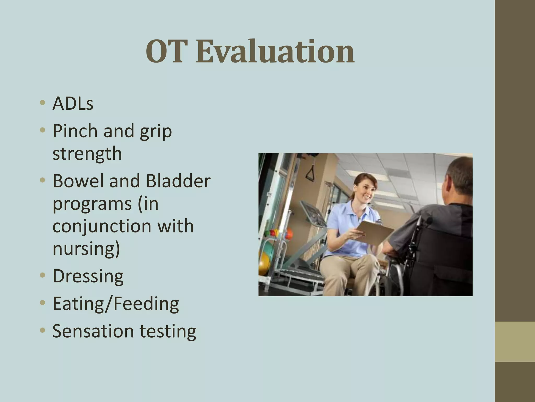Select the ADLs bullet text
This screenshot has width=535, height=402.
[x=73, y=104]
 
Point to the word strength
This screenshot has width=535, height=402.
[x=87, y=154]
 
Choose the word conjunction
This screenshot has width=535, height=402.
[x=102, y=227]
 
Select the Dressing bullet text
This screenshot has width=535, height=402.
[x=88, y=276]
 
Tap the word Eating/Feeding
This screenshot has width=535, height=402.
[x=116, y=304]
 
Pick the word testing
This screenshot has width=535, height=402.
[x=168, y=332]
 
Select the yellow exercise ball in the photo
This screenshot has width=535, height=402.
[x=263, y=263]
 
